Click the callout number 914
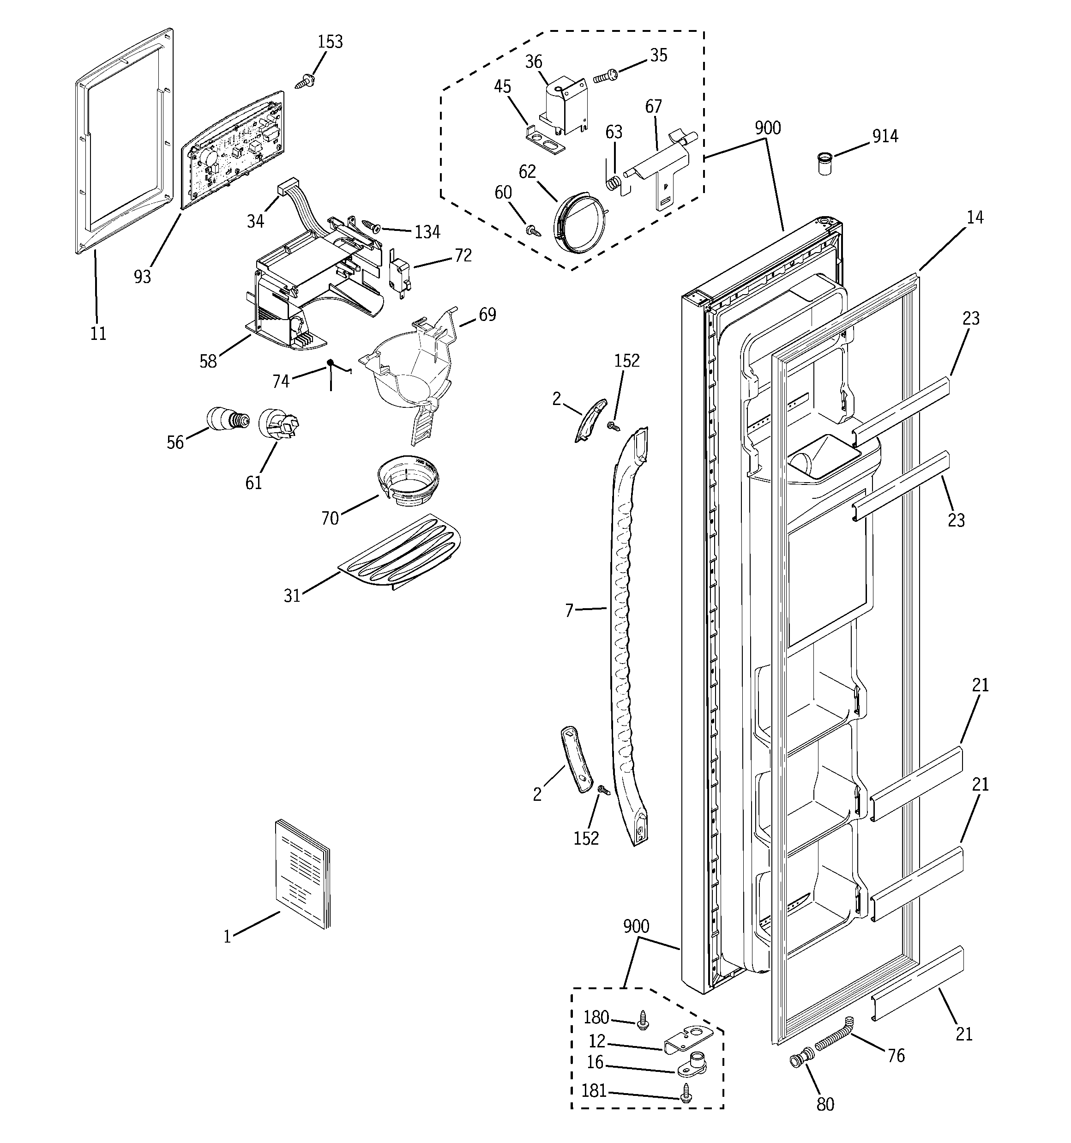pyautogui.click(x=885, y=136)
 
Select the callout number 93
pyautogui.click(x=142, y=277)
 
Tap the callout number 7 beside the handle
pyautogui.click(x=569, y=611)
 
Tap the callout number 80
pyautogui.click(x=825, y=1104)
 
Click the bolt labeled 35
pyautogui.click(x=605, y=75)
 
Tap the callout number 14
pyautogui.click(x=975, y=218)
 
